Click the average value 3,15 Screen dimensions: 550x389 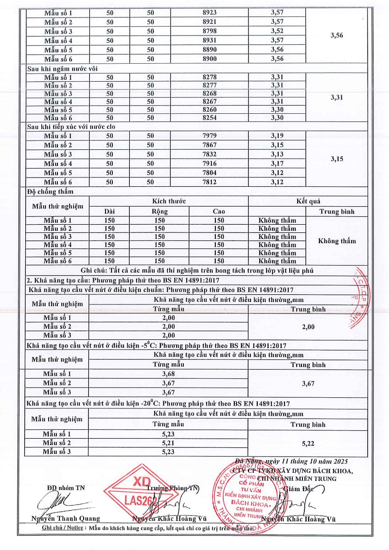pyautogui.click(x=336, y=159)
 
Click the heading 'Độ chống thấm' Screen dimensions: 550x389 pyautogui.click(x=48, y=192)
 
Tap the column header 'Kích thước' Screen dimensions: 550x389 pyautogui.click(x=169, y=201)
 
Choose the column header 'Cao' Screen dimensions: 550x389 pyautogui.click(x=219, y=211)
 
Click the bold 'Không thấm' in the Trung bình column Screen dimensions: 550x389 pyautogui.click(x=336, y=241)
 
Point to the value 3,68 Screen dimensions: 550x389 pyautogui.click(x=168, y=374)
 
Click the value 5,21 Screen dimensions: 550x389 pyautogui.click(x=168, y=443)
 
